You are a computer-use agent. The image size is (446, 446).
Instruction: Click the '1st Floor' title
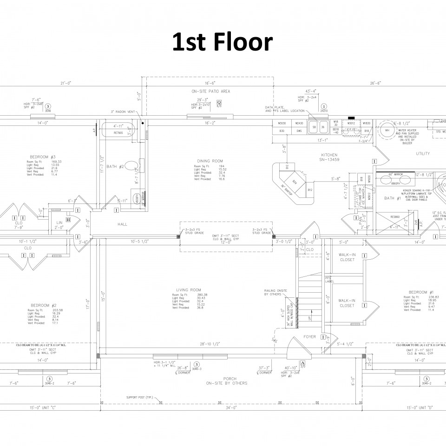pyautogui.click(x=222, y=43)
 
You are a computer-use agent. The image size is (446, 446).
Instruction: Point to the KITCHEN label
pyautogui.click(x=329, y=155)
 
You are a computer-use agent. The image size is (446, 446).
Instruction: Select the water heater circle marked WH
pyautogui.click(x=387, y=130)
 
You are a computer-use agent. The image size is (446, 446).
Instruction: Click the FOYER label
pyautogui.click(x=310, y=336)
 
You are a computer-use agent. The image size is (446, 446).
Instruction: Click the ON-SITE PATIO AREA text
pyautogui.click(x=210, y=92)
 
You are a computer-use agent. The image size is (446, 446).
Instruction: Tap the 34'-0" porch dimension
pyautogui.click(x=231, y=408)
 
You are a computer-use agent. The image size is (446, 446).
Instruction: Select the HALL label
pyautogui.click(x=122, y=224)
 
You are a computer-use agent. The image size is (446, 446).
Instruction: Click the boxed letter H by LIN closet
pyautogui.click(x=68, y=220)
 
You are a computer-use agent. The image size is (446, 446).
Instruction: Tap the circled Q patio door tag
pyautogui.click(x=219, y=102)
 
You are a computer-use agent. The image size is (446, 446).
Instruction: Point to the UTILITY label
pyautogui.click(x=423, y=153)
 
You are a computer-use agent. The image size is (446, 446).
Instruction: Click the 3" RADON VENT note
pyautogui.click(x=122, y=112)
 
